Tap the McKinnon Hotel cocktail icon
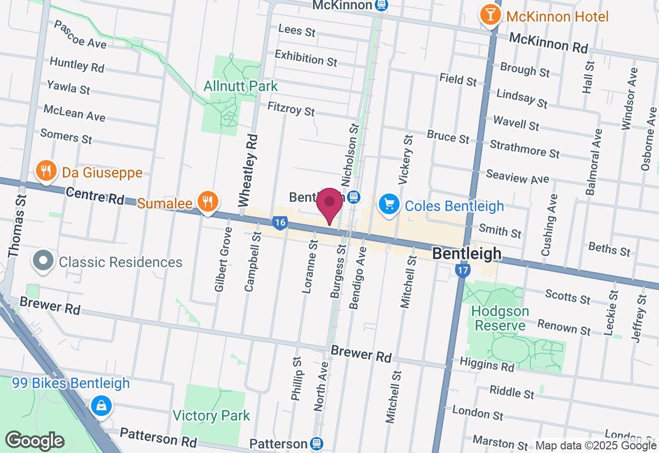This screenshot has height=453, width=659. pos(490,15)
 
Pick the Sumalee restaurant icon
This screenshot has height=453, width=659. pos(208,201)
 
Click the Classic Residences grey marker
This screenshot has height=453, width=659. pos(43,262)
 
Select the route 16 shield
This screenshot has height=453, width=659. pos(280,223)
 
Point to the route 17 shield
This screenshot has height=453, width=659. pos(463,270)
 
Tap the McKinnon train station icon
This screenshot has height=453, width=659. pos(381,5)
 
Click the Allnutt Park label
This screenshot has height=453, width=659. pos(240,86)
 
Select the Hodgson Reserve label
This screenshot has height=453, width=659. pos(500,318)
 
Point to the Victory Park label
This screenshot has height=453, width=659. pos(211,415)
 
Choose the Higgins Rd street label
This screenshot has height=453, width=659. pos(487,365)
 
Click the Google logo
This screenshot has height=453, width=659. pos(34,441)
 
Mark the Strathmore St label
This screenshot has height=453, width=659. pos(525,149)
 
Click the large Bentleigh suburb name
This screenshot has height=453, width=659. pos(466,253)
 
